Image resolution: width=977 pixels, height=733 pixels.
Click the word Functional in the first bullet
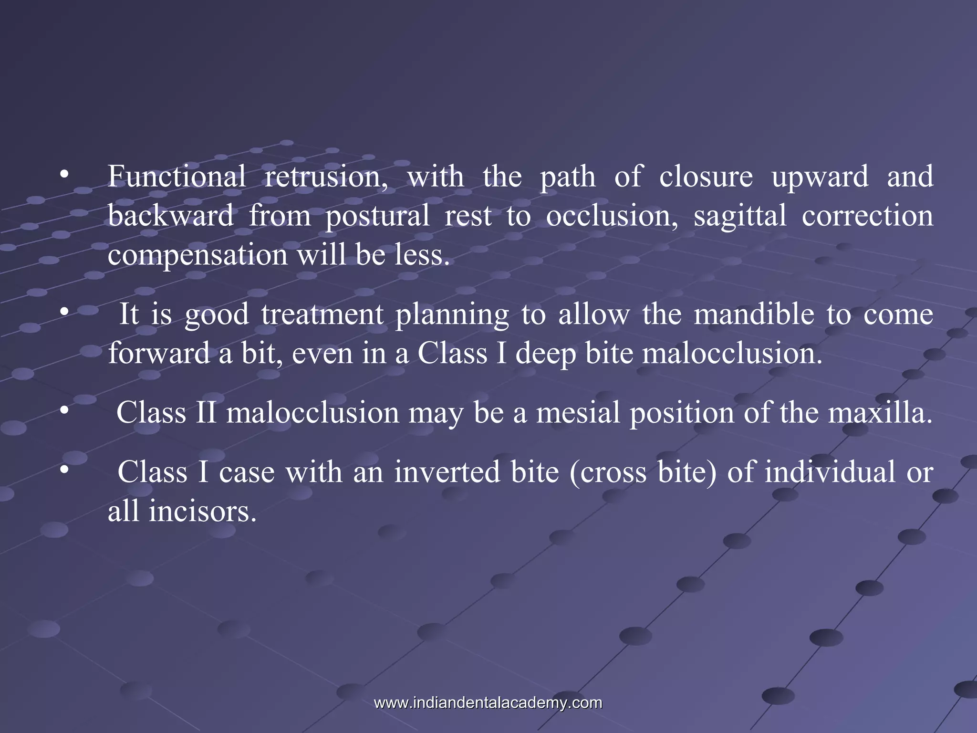click(177, 176)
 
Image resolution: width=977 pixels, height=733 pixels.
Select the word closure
click(706, 176)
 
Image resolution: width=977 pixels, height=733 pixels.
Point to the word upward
click(820, 176)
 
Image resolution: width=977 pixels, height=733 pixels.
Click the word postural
click(377, 216)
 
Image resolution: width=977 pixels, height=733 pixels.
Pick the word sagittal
click(739, 215)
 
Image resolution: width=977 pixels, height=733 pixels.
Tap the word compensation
click(197, 255)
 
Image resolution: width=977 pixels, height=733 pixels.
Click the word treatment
click(322, 314)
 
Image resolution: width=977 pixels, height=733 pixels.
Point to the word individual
click(830, 472)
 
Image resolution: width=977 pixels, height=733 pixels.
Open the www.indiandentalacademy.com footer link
click(488, 703)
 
